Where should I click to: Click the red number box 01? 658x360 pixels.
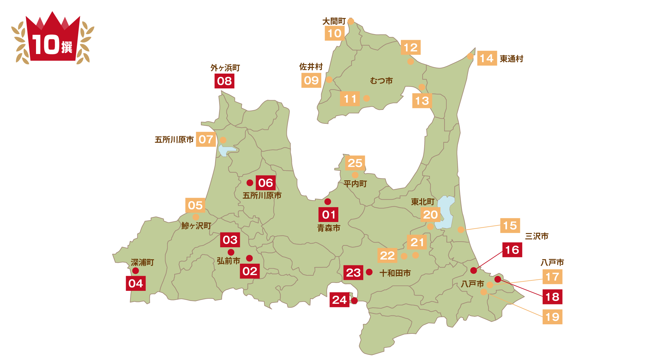coord(328,215)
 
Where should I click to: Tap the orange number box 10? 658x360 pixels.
coord(335,33)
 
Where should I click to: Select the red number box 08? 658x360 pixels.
coord(224,81)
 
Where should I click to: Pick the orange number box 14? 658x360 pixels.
coord(487,58)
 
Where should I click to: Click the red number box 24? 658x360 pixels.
coord(340,300)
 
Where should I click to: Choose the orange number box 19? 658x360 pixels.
coord(552,317)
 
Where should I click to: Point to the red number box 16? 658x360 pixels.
coord(512,250)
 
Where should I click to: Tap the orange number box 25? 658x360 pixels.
coord(355,163)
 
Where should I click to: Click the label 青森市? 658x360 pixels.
coord(329,228)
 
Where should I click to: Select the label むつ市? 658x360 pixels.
coord(381,81)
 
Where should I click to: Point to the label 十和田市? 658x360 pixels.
coord(395,273)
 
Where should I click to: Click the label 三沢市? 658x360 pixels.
coord(536,236)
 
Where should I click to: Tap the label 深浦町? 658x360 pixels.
coord(142,262)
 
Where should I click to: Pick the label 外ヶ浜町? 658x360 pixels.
coord(225,68)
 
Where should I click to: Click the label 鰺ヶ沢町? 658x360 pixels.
coord(196,226)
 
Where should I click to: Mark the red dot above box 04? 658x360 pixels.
coord(136,271)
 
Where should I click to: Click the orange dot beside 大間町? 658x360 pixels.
coord(351,21)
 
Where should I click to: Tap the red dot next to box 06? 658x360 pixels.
coord(250,183)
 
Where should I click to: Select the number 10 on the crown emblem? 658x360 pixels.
coord(46,45)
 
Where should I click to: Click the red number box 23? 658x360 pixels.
coord(353,273)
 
